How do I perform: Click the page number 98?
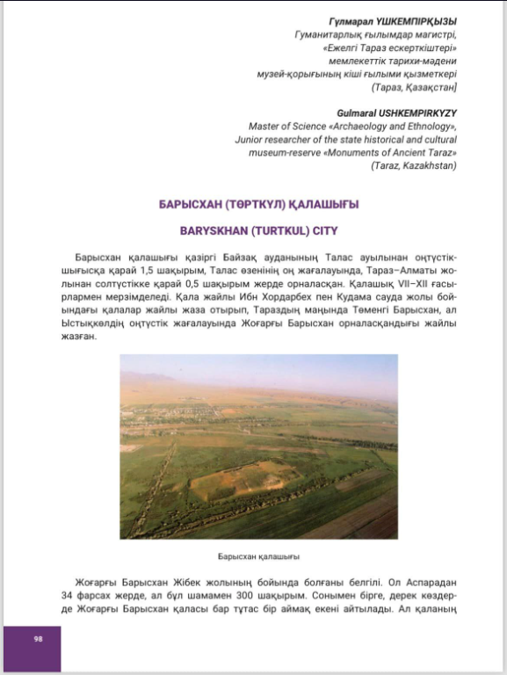[x=39, y=638]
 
